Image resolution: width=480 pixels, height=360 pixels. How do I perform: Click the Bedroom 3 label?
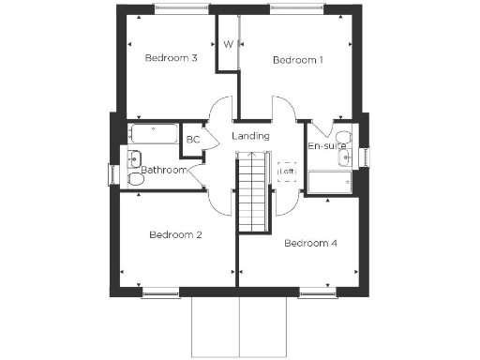171,58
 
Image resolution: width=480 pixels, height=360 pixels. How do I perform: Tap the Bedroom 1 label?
298,60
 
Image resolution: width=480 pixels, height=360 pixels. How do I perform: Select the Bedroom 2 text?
176,234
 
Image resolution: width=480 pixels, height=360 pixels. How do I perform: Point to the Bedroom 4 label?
310,244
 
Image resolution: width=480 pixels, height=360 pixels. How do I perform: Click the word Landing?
251,136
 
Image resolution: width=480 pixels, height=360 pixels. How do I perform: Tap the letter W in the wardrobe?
228,44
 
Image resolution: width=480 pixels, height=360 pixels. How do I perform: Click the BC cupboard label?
193,140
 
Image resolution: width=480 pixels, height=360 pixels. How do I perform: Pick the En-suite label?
327,147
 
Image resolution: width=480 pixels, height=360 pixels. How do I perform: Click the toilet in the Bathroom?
135,178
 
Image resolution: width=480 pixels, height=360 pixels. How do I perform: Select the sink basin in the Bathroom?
134,157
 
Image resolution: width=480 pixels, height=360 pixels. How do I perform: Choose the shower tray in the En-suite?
330,183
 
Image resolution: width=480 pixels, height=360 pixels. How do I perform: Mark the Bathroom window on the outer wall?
112,175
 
